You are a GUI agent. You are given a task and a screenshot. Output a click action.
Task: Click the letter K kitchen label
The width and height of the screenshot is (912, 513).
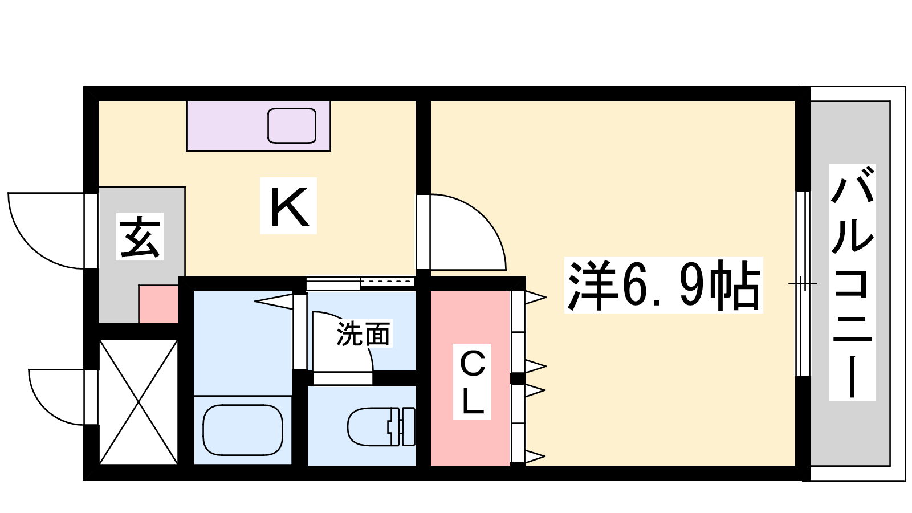288,206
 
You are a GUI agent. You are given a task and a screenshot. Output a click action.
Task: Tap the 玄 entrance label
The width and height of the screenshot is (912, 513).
140,237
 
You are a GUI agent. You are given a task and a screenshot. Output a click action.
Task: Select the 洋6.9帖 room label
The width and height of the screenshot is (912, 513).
663,285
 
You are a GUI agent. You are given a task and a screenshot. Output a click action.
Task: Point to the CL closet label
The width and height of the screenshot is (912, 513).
473,382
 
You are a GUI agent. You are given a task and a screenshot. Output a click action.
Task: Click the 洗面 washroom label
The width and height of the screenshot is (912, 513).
363,334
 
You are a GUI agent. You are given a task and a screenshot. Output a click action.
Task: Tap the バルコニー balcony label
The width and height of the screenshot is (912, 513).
852,283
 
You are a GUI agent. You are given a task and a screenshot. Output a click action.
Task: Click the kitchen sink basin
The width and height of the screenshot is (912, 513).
292,125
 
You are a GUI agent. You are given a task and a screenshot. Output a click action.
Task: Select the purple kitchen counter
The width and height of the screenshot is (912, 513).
259,126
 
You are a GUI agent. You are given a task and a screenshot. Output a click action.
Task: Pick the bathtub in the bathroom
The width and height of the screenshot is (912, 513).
243,430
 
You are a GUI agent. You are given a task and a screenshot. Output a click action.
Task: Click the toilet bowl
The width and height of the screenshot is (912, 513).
369,427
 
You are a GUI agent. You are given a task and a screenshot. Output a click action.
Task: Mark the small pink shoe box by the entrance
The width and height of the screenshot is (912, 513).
158,304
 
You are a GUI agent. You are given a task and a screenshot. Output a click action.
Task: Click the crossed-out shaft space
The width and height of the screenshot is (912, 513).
139,402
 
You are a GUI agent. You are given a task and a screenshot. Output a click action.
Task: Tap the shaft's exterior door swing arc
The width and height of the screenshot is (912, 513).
43,409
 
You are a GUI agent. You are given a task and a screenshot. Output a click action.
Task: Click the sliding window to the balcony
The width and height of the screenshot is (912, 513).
803,283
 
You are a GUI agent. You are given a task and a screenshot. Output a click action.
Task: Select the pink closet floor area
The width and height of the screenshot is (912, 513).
471,378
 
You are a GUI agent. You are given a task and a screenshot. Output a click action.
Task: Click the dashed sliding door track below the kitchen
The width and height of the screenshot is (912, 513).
387,282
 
